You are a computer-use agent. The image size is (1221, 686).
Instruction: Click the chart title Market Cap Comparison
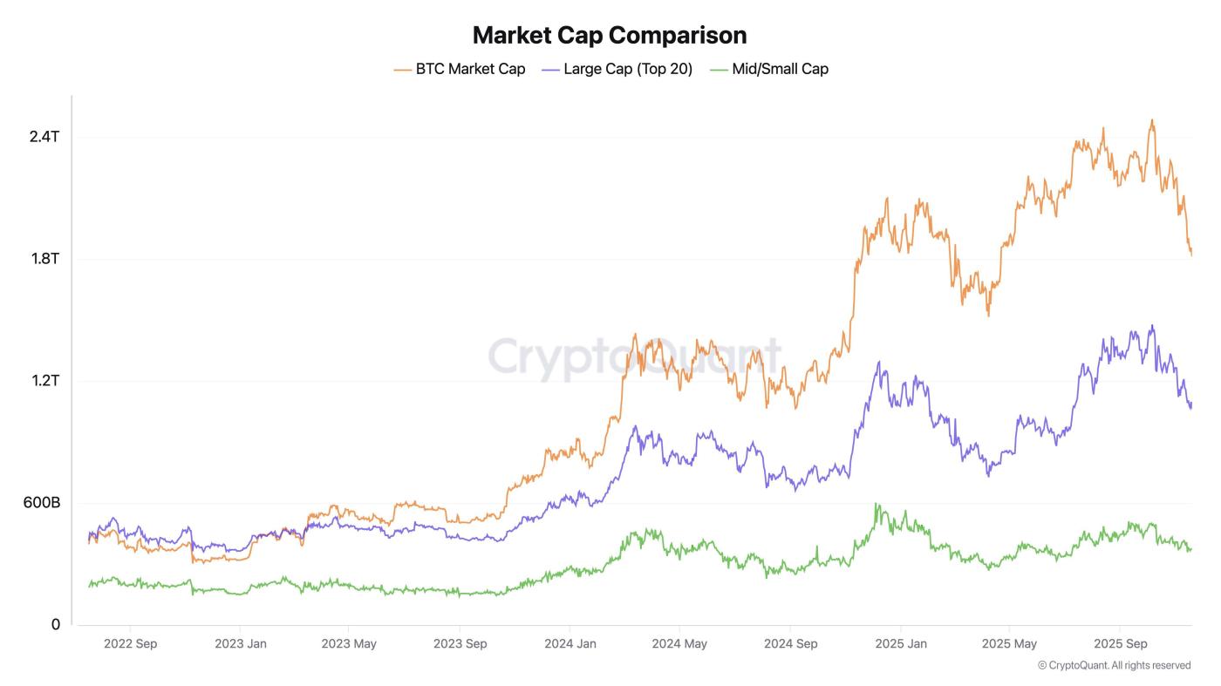[610, 35]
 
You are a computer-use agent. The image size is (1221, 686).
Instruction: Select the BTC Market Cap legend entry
[460, 69]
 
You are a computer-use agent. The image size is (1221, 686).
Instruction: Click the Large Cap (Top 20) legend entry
[617, 69]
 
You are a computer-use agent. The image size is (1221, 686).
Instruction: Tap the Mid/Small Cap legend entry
[769, 69]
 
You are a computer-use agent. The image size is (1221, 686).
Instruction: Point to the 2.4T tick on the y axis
[44, 137]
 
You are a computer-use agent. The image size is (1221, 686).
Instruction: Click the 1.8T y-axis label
[44, 259]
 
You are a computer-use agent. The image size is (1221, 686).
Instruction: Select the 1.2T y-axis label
[44, 381]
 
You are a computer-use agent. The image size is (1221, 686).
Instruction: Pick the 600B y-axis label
[41, 503]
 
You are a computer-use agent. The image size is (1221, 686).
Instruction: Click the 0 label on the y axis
[56, 625]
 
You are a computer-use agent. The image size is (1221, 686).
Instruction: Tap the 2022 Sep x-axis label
[130, 644]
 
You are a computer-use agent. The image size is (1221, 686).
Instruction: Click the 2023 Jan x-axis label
[240, 644]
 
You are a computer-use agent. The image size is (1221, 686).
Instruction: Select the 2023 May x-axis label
[349, 644]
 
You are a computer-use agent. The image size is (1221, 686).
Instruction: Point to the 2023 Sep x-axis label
[460, 644]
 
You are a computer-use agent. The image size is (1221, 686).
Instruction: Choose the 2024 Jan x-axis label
[570, 644]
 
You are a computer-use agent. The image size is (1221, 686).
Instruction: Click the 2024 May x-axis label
[679, 644]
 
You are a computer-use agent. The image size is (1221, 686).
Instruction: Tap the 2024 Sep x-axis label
[790, 644]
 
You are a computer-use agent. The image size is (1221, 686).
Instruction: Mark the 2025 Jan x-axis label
[900, 644]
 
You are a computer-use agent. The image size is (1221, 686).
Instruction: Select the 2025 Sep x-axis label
[1120, 644]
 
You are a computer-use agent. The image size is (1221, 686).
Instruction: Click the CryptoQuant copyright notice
[1114, 665]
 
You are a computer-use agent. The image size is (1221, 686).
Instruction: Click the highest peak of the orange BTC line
[1152, 120]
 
